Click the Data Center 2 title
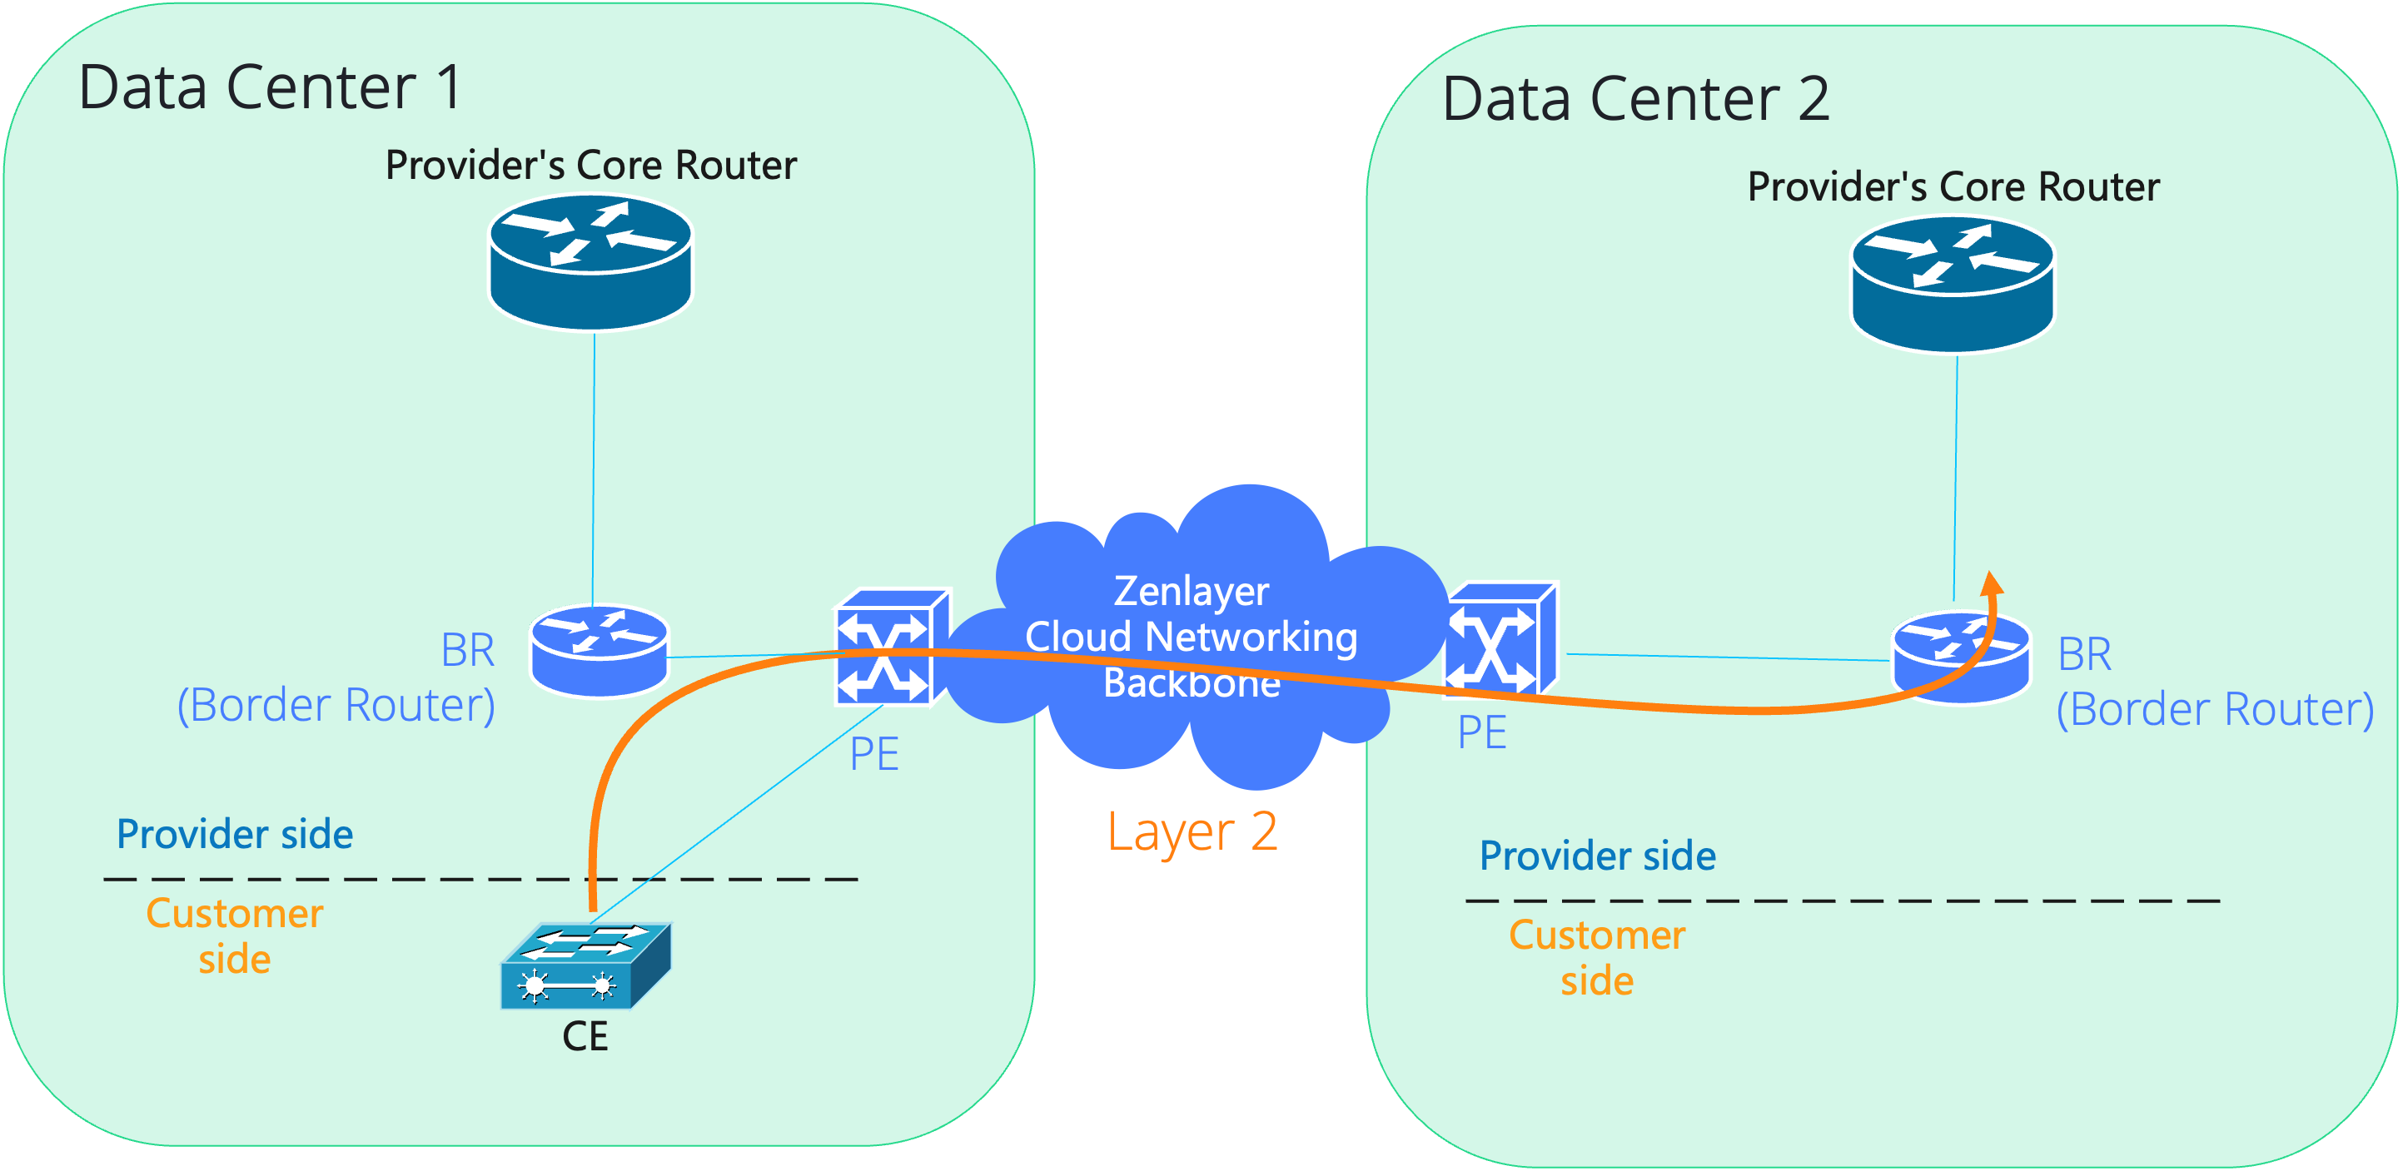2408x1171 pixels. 1635,99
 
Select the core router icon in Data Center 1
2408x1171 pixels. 591,261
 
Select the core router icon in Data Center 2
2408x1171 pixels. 1953,284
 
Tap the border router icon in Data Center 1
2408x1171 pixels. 600,651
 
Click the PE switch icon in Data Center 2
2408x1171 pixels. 1500,640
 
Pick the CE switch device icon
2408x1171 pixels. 585,966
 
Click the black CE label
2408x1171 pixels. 585,1036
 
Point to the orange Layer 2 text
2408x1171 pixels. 1192,831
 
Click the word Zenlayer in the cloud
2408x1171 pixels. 1191,592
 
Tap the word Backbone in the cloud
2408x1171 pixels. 1191,683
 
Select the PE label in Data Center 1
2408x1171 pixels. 874,754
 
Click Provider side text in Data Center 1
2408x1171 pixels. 235,834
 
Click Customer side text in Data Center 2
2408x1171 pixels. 1597,958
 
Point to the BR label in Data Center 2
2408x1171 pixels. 2085,654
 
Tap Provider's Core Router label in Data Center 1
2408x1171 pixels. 591,166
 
